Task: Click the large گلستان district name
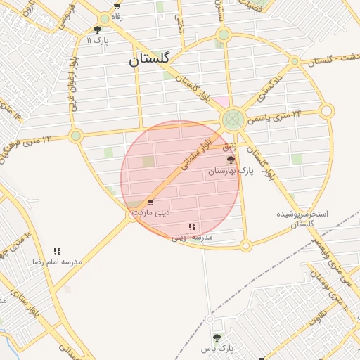click(x=150, y=60)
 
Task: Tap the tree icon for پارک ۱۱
click(x=97, y=30)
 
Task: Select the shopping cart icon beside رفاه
click(x=116, y=6)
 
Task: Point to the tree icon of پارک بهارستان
click(x=231, y=160)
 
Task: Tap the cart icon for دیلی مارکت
click(x=150, y=203)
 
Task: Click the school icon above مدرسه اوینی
click(x=192, y=226)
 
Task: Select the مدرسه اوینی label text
click(x=192, y=237)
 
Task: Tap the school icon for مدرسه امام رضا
click(x=57, y=251)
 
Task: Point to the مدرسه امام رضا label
click(x=57, y=262)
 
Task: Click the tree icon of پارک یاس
click(x=216, y=338)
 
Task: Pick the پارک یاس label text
click(x=216, y=349)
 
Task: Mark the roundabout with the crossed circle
click(x=233, y=120)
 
